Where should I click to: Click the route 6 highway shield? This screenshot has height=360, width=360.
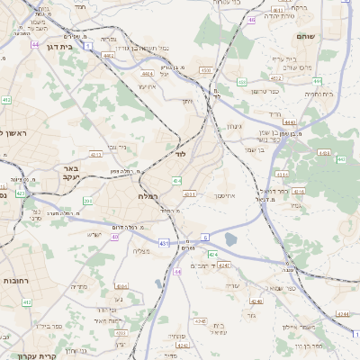pyautogui.click(x=204, y=237)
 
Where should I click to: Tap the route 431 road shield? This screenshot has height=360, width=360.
pyautogui.click(x=162, y=244)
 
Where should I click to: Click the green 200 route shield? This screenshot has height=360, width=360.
pyautogui.click(x=87, y=201)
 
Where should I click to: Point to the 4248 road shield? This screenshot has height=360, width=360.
pyautogui.click(x=224, y=266)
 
